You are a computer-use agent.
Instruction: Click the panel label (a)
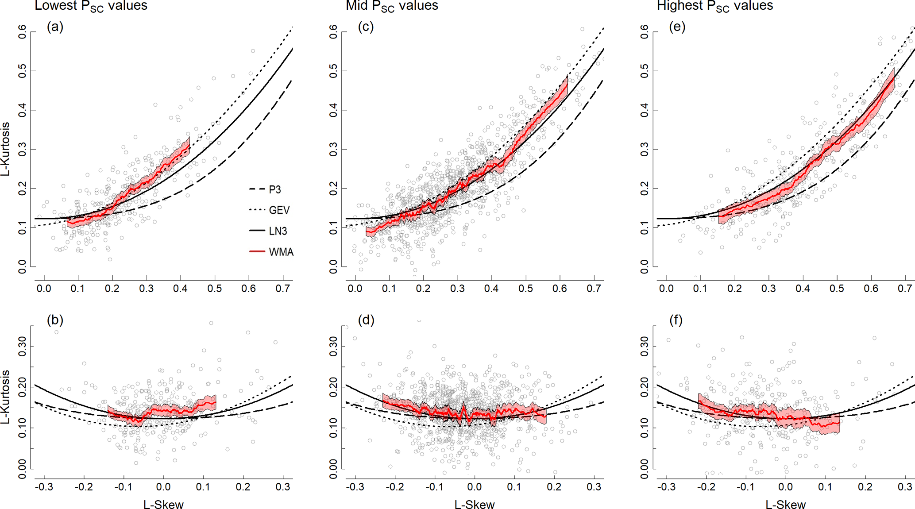pos(55,27)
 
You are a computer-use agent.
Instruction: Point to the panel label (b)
pos(55,320)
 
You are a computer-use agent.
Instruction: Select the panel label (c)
pos(366,27)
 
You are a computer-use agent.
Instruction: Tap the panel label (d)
pos(366,320)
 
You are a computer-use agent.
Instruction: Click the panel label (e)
pos(677,27)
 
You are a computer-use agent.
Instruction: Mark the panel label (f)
pos(676,320)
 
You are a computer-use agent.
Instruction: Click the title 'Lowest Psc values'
pos(91,6)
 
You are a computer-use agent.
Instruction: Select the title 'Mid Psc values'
pos(392,6)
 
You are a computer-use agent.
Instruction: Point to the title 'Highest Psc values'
pos(715,6)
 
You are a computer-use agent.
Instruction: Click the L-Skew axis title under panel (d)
pos(475,505)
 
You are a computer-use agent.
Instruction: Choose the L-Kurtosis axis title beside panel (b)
pos(6,397)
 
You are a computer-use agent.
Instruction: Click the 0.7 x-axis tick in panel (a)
pos(283,289)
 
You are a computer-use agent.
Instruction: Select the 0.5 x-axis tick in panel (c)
pos(525,289)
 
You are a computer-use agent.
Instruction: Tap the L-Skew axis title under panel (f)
pos(786,505)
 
